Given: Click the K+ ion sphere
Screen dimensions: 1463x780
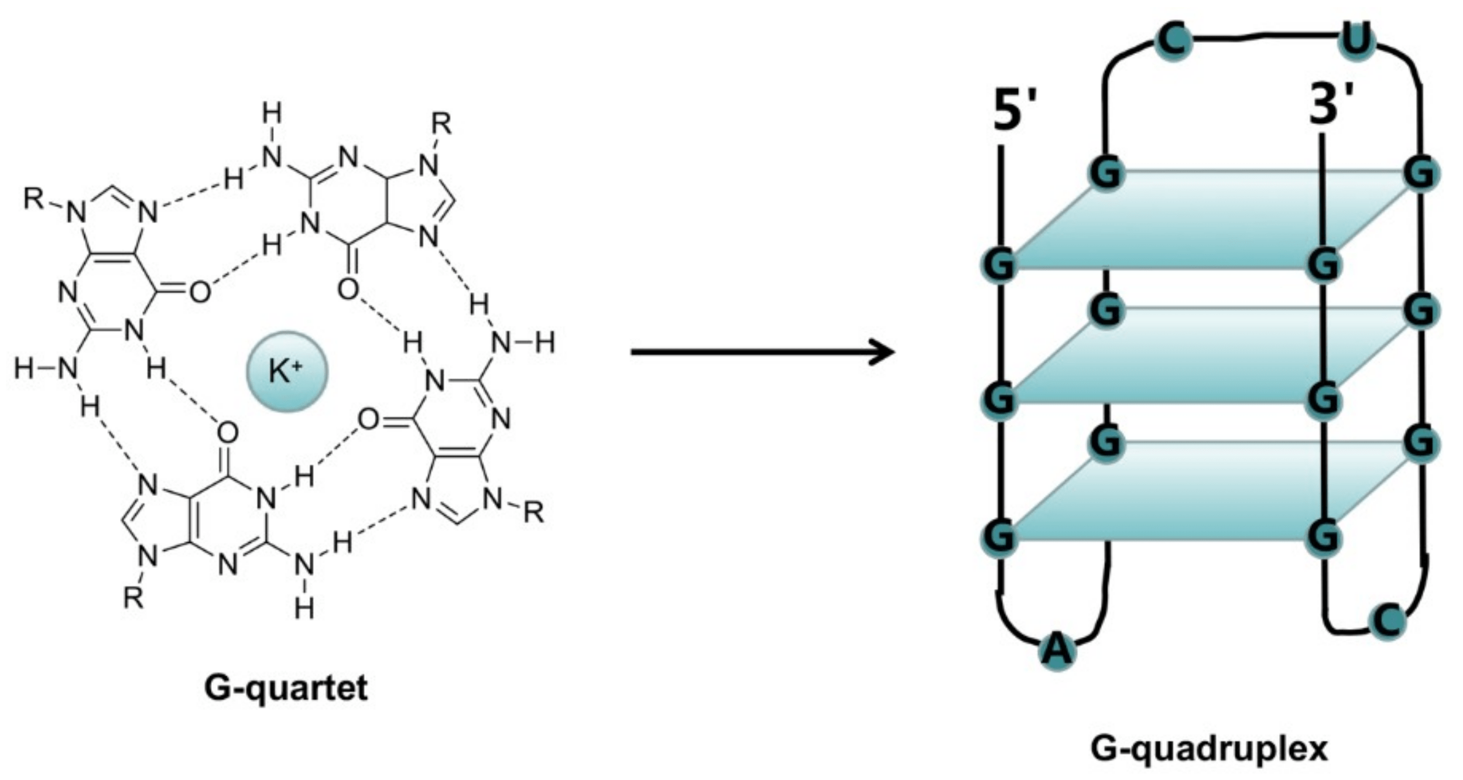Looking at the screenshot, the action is click(287, 372).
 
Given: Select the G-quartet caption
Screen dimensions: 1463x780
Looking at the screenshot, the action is click(286, 687).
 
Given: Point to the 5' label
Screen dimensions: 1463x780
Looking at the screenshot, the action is click(1015, 110).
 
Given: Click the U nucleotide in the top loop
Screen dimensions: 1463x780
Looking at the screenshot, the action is click(1356, 40).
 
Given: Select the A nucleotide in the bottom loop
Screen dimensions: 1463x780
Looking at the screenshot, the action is click(1057, 651).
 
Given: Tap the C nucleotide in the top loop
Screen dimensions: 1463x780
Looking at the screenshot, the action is click(1173, 41).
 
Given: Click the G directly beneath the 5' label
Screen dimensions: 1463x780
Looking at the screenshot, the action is click(999, 264).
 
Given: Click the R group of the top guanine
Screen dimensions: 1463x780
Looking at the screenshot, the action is click(441, 124).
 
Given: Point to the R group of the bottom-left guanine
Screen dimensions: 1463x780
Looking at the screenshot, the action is click(133, 598).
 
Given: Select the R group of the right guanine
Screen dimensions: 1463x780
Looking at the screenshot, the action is click(533, 512).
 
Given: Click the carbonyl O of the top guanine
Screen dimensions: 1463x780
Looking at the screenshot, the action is click(348, 289).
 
